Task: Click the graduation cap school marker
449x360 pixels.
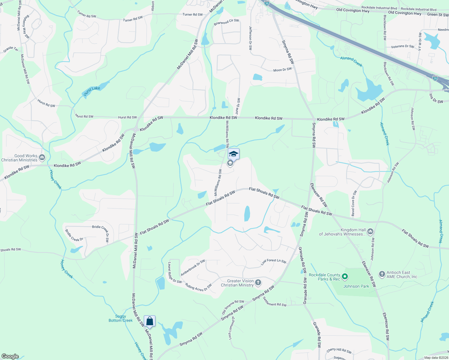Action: [234, 154]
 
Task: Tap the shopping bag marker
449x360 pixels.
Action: [149, 322]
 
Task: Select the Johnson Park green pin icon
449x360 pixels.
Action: [345, 276]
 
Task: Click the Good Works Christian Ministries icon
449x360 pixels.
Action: [42, 157]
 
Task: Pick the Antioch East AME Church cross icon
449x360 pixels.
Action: [382, 274]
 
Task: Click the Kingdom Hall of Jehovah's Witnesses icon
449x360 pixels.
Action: [370, 231]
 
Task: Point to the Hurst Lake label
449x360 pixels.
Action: [92, 90]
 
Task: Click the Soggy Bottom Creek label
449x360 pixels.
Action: [121, 318]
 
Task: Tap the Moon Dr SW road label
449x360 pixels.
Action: [282, 70]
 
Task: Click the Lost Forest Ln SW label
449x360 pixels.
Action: [273, 262]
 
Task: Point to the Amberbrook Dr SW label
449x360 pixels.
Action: [193, 268]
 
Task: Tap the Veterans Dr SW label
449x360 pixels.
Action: [402, 46]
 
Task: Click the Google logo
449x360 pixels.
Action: [10, 356]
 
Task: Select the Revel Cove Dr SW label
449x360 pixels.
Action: [354, 203]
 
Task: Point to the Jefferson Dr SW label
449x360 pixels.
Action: [250, 38]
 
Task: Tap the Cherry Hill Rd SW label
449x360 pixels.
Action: [339, 351]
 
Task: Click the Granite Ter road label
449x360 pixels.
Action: [11, 49]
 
